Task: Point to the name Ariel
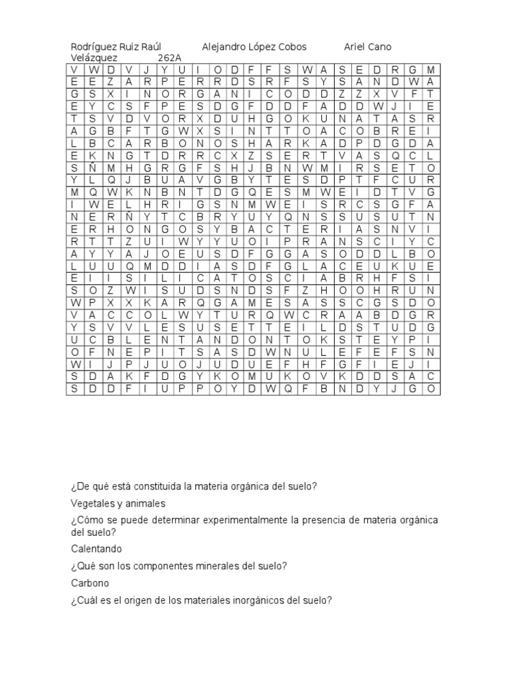[357, 47]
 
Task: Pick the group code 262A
[169, 58]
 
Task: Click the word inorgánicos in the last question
[258, 600]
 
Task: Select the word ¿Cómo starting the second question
[87, 520]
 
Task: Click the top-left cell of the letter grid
[74, 70]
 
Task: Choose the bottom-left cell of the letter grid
[74, 388]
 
